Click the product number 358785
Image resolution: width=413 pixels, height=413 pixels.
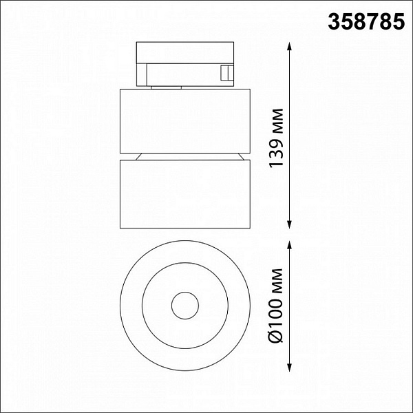click(366, 21)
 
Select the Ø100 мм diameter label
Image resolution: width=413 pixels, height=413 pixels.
click(276, 306)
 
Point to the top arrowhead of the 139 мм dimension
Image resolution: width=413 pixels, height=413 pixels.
click(290, 46)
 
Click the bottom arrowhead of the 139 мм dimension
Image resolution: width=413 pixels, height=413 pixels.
click(290, 224)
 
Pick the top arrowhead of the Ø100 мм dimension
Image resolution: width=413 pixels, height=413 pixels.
click(290, 245)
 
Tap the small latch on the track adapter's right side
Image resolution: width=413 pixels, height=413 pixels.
click(227, 73)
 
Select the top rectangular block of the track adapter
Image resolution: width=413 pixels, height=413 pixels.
click(185, 53)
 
